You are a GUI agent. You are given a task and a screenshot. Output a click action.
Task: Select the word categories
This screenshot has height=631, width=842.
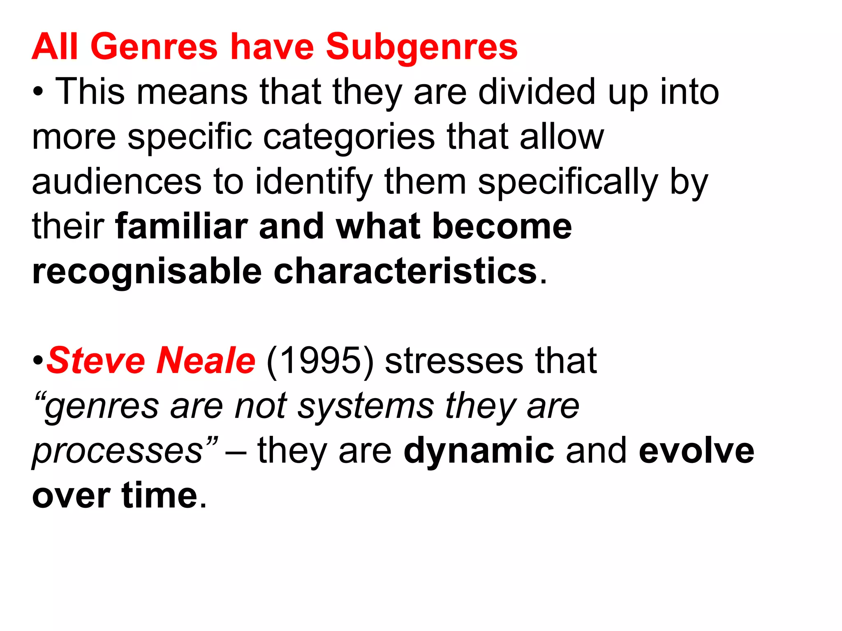pyautogui.click(x=349, y=137)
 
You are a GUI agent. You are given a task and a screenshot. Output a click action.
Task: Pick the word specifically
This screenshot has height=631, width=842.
pyautogui.click(x=568, y=182)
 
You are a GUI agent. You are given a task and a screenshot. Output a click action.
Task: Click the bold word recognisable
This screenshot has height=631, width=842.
pyautogui.click(x=147, y=272)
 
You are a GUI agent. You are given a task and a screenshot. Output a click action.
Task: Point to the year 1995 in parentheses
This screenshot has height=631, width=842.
pyautogui.click(x=320, y=361)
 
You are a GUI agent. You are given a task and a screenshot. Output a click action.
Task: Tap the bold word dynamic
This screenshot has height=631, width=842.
pyautogui.click(x=479, y=451)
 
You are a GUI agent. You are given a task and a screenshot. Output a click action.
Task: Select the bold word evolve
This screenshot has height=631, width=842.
pyautogui.click(x=696, y=451)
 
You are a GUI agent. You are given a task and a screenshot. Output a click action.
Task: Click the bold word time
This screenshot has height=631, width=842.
pyautogui.click(x=160, y=496)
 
